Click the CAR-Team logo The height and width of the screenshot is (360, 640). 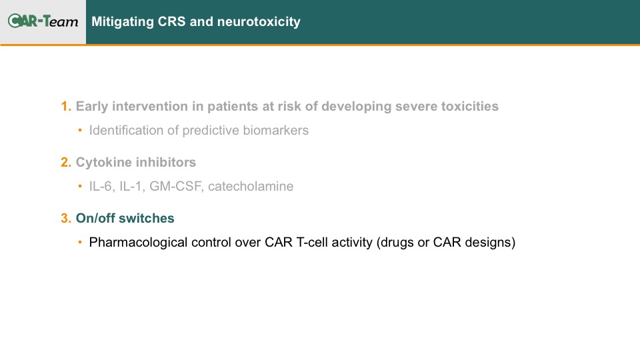click(43, 21)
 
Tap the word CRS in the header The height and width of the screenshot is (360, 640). click(171, 21)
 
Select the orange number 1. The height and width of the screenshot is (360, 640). click(66, 106)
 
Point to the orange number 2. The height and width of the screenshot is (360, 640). click(66, 162)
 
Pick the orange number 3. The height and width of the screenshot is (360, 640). click(66, 218)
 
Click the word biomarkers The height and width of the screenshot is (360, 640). click(275, 130)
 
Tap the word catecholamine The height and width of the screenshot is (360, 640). click(251, 186)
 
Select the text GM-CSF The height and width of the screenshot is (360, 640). click(176, 186)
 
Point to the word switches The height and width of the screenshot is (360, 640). click(149, 218)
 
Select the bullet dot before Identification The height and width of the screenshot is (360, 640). click(80, 130)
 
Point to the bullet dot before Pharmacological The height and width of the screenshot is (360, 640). click(80, 242)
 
